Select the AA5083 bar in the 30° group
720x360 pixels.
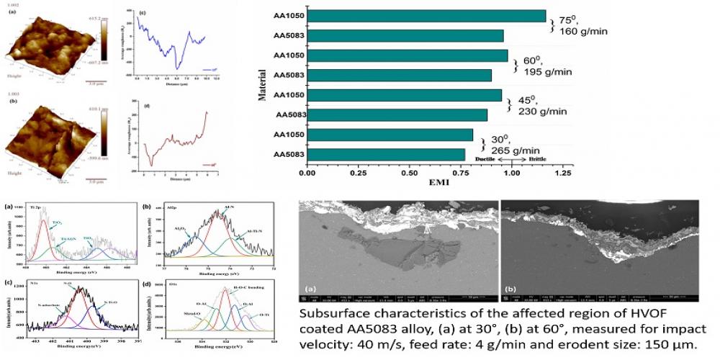pos(386,154)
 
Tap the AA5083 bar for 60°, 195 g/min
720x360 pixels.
pos(400,75)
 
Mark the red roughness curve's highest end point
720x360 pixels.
pos(207,112)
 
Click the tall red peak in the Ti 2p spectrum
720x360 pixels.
pos(44,222)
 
